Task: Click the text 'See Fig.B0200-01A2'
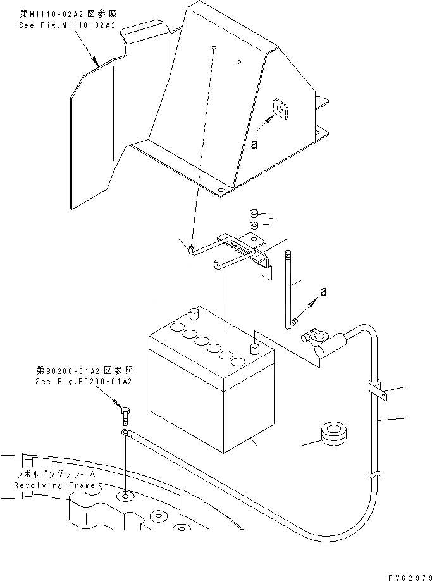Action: click(x=84, y=382)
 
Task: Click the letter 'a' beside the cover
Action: click(x=254, y=144)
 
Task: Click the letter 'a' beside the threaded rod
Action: click(x=324, y=292)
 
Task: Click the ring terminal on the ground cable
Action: click(x=127, y=432)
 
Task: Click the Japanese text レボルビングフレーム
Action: click(x=57, y=474)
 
